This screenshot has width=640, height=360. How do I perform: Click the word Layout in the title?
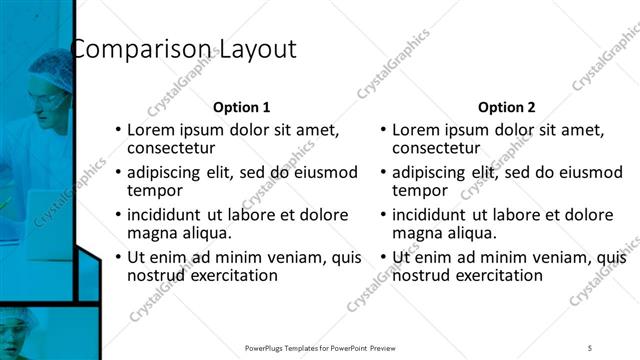coord(255,49)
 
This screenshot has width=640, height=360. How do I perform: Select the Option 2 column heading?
coord(506,107)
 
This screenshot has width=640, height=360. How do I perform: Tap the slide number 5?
coord(590,347)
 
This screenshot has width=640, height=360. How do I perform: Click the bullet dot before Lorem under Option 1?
coord(118,130)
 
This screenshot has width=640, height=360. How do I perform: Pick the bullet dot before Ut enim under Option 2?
coord(383,257)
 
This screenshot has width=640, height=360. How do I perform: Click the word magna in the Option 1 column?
coord(151,233)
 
